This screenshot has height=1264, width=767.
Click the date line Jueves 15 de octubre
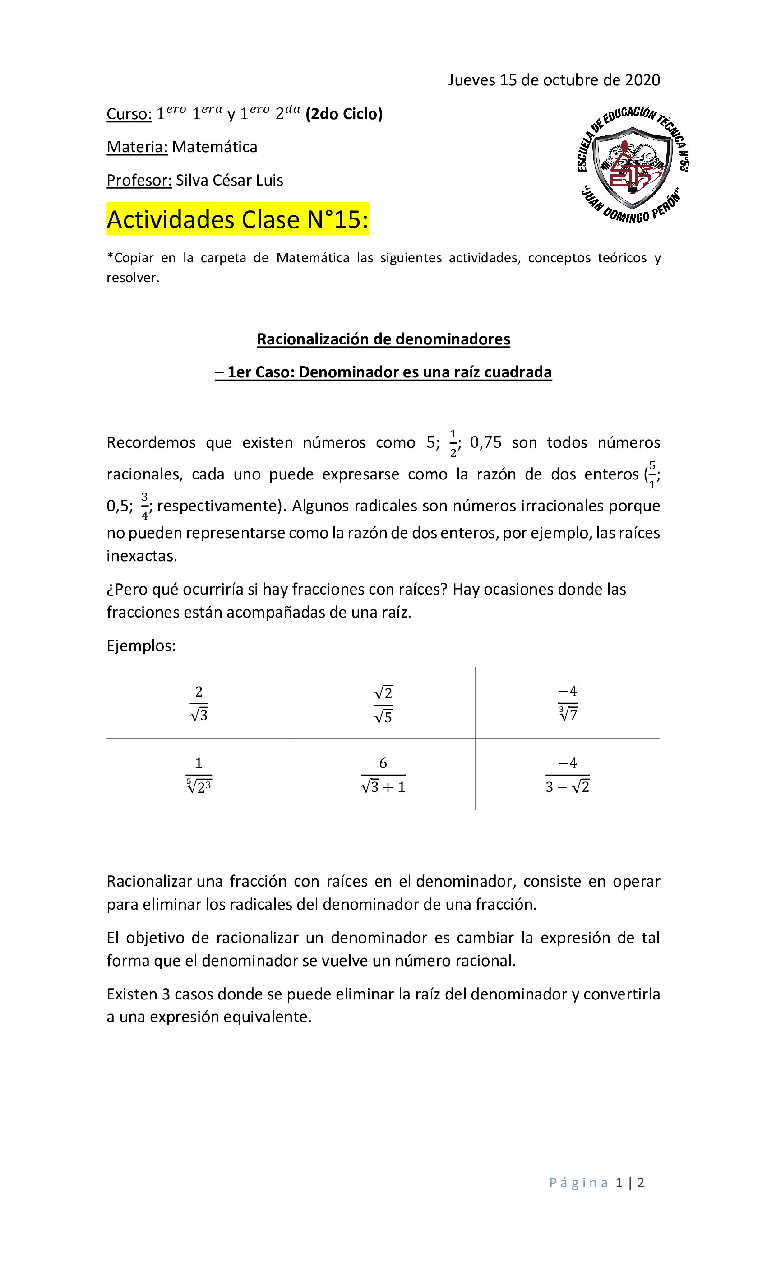(x=554, y=80)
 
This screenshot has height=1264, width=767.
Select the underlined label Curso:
(x=129, y=114)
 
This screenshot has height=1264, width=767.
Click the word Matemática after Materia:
(x=214, y=147)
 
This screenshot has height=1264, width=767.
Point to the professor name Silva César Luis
(x=229, y=181)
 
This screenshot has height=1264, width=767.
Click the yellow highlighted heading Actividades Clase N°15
(x=237, y=219)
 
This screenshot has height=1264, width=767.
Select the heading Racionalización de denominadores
(x=383, y=339)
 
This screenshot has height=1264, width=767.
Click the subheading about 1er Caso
(x=383, y=372)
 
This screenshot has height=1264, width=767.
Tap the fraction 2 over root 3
(x=199, y=703)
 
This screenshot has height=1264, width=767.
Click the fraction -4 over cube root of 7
(x=568, y=703)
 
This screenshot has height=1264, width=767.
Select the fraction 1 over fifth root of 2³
(x=199, y=775)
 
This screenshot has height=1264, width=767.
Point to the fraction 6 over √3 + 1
(x=383, y=775)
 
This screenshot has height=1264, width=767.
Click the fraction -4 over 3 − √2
(x=568, y=775)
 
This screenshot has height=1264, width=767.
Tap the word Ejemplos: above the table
(x=141, y=646)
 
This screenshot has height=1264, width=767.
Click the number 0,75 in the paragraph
(x=485, y=443)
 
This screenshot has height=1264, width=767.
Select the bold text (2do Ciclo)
(x=344, y=114)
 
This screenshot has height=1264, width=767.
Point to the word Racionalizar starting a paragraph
(x=149, y=881)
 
